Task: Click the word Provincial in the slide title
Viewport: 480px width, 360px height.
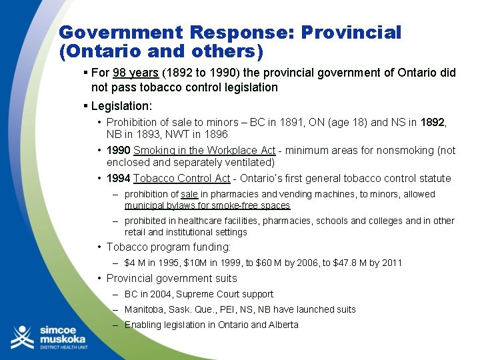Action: point(351,33)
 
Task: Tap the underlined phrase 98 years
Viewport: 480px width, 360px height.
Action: point(135,73)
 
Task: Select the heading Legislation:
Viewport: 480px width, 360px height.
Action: point(121,106)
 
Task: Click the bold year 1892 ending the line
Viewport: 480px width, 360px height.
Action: point(431,123)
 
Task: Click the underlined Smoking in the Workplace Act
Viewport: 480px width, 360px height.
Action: point(204,151)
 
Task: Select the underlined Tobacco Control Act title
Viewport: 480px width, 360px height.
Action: point(181,179)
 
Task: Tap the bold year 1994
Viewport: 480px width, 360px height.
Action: point(118,179)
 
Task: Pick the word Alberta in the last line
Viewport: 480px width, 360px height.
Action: point(283,325)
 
